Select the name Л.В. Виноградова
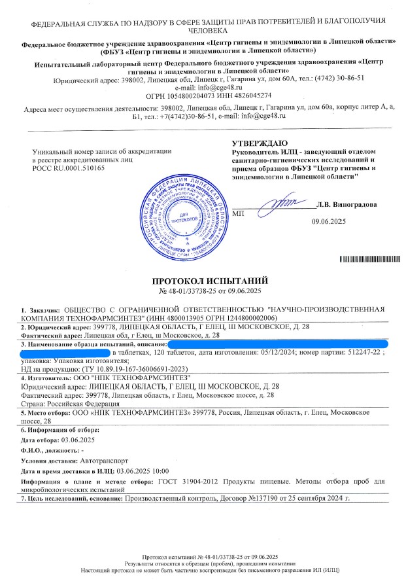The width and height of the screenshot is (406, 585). [x=347, y=205]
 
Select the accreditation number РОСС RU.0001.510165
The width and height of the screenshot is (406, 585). [x=68, y=168]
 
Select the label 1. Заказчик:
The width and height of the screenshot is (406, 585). [x=40, y=308]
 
